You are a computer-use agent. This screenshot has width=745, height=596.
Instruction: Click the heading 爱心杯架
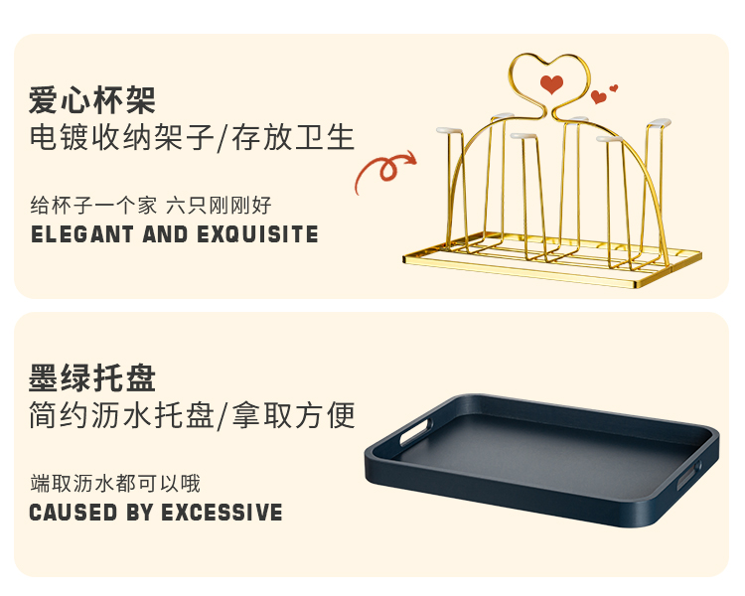coord(92,100)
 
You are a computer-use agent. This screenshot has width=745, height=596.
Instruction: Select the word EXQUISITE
coord(257,234)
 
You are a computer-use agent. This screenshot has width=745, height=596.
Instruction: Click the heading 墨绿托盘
coord(92,378)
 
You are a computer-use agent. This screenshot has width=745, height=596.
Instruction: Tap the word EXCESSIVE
coord(222,513)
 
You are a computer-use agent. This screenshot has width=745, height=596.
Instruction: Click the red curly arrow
coord(384,170)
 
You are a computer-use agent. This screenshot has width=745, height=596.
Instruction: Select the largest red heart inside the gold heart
coord(551,84)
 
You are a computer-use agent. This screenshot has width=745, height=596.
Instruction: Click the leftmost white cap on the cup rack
coord(449,129)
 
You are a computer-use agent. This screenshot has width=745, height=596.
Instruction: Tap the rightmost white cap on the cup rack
coord(659,123)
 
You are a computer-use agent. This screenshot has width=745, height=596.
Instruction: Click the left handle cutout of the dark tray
coord(416,430)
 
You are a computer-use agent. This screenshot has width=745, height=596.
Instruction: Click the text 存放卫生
coord(293,138)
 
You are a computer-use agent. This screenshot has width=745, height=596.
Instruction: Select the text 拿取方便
coord(293,415)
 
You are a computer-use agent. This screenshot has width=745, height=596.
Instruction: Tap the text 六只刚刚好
coord(219,206)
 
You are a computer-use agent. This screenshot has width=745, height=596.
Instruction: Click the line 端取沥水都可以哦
coord(115,484)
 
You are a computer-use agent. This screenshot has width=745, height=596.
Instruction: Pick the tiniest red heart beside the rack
coord(614,88)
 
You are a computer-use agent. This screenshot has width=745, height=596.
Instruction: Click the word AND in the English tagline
coord(165,234)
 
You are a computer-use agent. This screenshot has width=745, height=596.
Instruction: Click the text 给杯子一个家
coord(93,206)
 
